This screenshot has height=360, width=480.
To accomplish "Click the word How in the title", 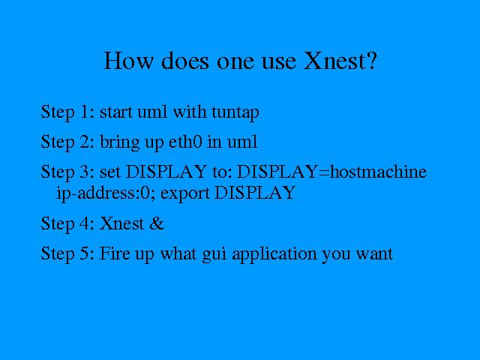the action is tap(128, 60).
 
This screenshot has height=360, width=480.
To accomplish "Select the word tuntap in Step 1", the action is tap(235, 112).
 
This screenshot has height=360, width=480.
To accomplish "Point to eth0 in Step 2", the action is tap(185, 142).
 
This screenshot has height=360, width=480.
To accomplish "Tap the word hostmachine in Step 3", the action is tap(378, 172).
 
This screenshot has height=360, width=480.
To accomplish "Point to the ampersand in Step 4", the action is tap(157, 223).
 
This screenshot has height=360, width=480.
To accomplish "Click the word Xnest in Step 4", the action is tap(121, 223).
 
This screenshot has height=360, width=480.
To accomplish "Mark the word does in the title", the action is tap(184, 60).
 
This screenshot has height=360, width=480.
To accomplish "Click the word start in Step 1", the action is tap(116, 112).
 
